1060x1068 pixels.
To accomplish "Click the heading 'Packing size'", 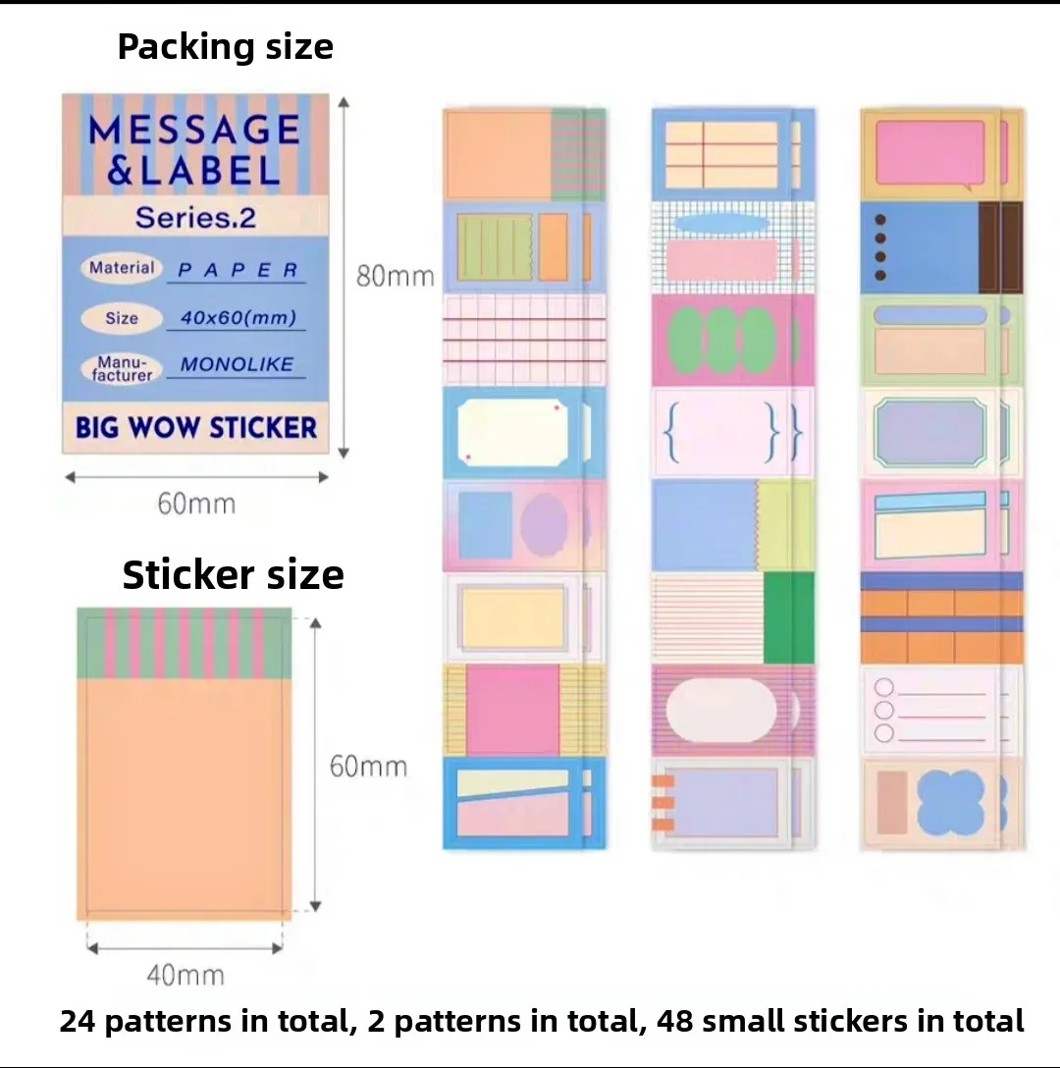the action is pos(226,48).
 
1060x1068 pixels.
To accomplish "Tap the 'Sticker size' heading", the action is pos(233,574).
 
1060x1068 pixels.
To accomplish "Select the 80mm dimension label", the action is pos(396,276).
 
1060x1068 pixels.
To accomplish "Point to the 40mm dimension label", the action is pos(185,976).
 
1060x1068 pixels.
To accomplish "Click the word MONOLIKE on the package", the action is pos(237,364).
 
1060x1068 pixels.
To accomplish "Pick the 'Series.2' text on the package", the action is pos(195,218).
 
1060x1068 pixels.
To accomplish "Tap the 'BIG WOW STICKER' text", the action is pos(196,428).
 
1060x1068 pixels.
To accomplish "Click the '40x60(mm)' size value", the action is pos(238,317).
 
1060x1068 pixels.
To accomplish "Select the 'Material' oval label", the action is pos(122,268).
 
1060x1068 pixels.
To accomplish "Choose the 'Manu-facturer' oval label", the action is pos(122,368).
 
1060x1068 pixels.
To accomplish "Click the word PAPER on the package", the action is pos(238,270).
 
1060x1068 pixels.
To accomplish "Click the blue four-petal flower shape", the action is pos(950,802).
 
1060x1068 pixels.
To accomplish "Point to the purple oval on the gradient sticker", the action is pos(544,524).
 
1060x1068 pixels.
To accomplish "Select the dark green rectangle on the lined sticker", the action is pos(789,617).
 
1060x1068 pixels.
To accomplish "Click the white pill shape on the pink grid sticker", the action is pos(720,710).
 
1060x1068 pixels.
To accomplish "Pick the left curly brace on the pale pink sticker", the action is pos(671,433).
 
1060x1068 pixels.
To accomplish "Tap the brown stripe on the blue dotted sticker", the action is pos(1000,248).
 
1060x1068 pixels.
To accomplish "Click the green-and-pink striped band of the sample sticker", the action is pos(184,643).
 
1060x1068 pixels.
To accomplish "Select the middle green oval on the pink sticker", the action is pos(721,340).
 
